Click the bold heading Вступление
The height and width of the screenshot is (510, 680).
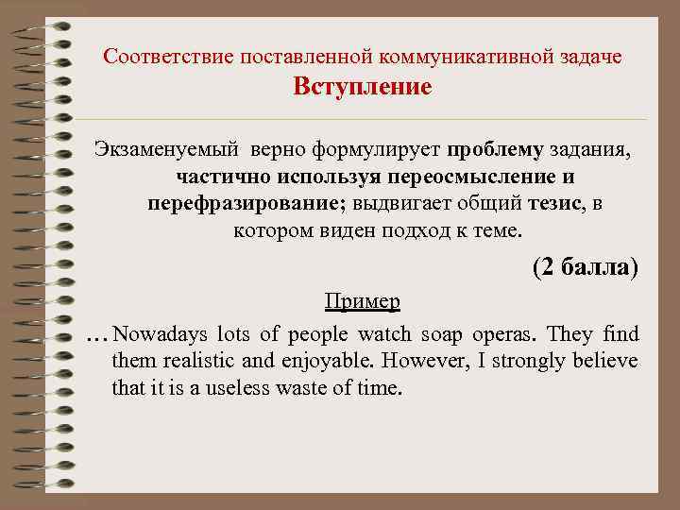tap(363, 88)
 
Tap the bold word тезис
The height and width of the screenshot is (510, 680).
tap(555, 204)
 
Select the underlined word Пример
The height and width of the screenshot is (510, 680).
tap(362, 301)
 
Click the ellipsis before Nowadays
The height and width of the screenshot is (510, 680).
tap(95, 337)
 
